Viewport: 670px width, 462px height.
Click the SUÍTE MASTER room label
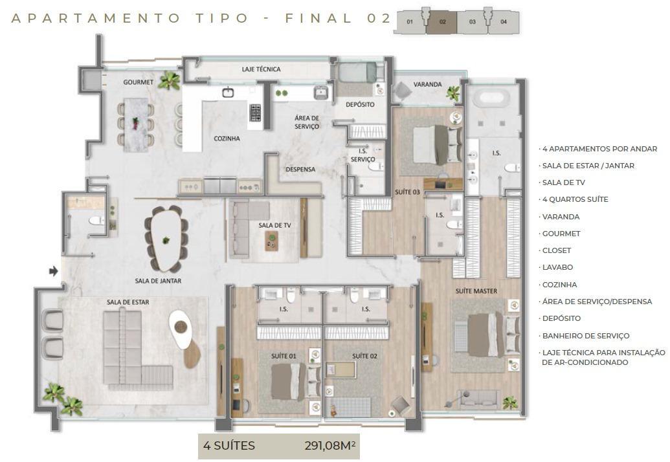click(x=476, y=291)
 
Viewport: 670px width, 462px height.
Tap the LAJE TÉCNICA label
click(x=261, y=69)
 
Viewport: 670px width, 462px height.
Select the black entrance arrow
click(x=54, y=271)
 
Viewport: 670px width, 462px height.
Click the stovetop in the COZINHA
click(x=255, y=113)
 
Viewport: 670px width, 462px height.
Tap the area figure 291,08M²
click(x=331, y=446)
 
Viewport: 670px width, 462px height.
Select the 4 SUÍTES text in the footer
click(x=229, y=446)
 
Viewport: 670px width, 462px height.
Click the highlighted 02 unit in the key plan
click(x=443, y=22)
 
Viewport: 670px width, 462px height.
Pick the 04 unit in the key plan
click(x=504, y=22)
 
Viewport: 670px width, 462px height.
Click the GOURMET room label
click(x=139, y=82)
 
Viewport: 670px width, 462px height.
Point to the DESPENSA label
click(x=300, y=170)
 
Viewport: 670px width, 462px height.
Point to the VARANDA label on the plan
click(x=427, y=84)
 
